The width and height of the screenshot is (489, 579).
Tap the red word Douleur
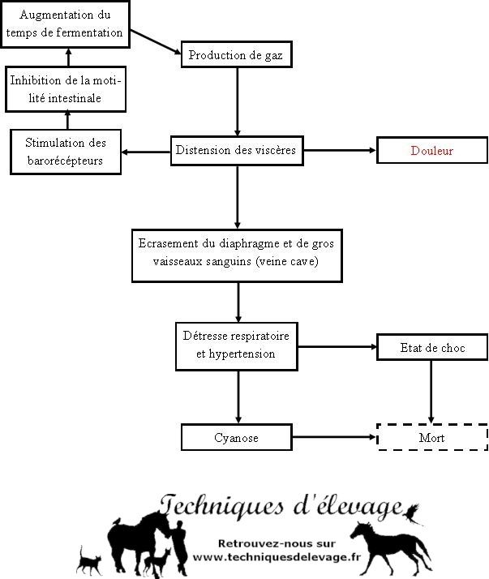tap(431, 151)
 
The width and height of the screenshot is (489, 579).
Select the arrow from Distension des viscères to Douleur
tap(340, 150)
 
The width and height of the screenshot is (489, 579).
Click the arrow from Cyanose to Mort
tap(334, 437)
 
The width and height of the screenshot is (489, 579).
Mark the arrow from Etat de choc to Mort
tap(431, 392)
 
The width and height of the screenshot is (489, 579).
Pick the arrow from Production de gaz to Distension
tap(237, 102)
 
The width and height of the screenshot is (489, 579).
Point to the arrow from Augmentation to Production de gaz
tap(156, 42)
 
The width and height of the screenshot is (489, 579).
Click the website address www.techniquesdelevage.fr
tap(277, 557)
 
